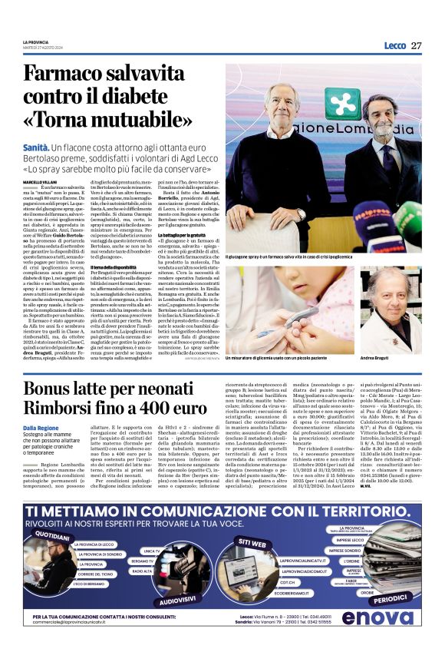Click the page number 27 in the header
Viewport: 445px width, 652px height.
pos(417,45)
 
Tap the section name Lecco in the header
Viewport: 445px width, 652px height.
pos(395,45)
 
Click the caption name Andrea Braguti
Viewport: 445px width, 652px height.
pos(381,359)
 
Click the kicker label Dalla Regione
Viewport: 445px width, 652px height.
pos(40,427)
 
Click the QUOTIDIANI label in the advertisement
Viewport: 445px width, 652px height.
pos(53,531)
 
